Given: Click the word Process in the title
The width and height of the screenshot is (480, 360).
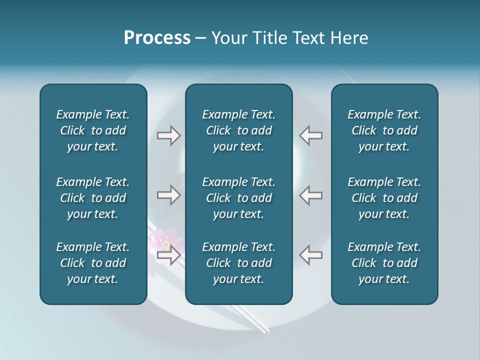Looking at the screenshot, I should (x=156, y=38).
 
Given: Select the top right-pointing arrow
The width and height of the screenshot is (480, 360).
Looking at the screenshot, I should (x=168, y=135).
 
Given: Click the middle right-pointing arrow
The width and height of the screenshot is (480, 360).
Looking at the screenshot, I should (x=168, y=195).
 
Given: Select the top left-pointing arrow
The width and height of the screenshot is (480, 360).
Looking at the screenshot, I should (x=310, y=135).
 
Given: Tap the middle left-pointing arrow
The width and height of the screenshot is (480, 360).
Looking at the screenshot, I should (x=310, y=195).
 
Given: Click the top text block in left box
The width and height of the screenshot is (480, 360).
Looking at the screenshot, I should (x=93, y=130).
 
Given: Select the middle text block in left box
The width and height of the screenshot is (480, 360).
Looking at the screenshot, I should (x=93, y=198).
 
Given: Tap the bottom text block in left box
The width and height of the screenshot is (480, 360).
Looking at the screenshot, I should (x=93, y=263).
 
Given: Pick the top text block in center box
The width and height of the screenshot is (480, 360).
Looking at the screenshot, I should (x=239, y=130).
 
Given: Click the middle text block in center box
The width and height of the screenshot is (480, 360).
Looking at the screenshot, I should (x=239, y=198).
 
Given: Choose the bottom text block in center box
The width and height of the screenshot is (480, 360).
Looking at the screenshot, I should (x=239, y=263).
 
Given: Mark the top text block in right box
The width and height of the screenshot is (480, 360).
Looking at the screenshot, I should (x=384, y=130).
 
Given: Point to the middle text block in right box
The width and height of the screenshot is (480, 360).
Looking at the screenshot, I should (x=384, y=198).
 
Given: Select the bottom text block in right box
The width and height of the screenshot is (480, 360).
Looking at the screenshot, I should (x=384, y=263).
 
